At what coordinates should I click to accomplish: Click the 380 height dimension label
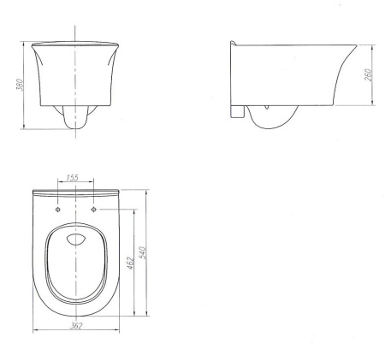point(20,85)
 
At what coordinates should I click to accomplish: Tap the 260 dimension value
point(368,74)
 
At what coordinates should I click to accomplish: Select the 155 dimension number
point(72,178)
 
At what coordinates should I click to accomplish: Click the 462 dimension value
point(130,263)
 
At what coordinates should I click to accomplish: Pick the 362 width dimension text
point(76,325)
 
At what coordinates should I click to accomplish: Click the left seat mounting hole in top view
point(58,210)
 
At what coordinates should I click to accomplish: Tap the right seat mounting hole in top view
point(94,210)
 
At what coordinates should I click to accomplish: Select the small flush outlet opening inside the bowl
point(76,240)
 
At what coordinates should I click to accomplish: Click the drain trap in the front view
point(75,117)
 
